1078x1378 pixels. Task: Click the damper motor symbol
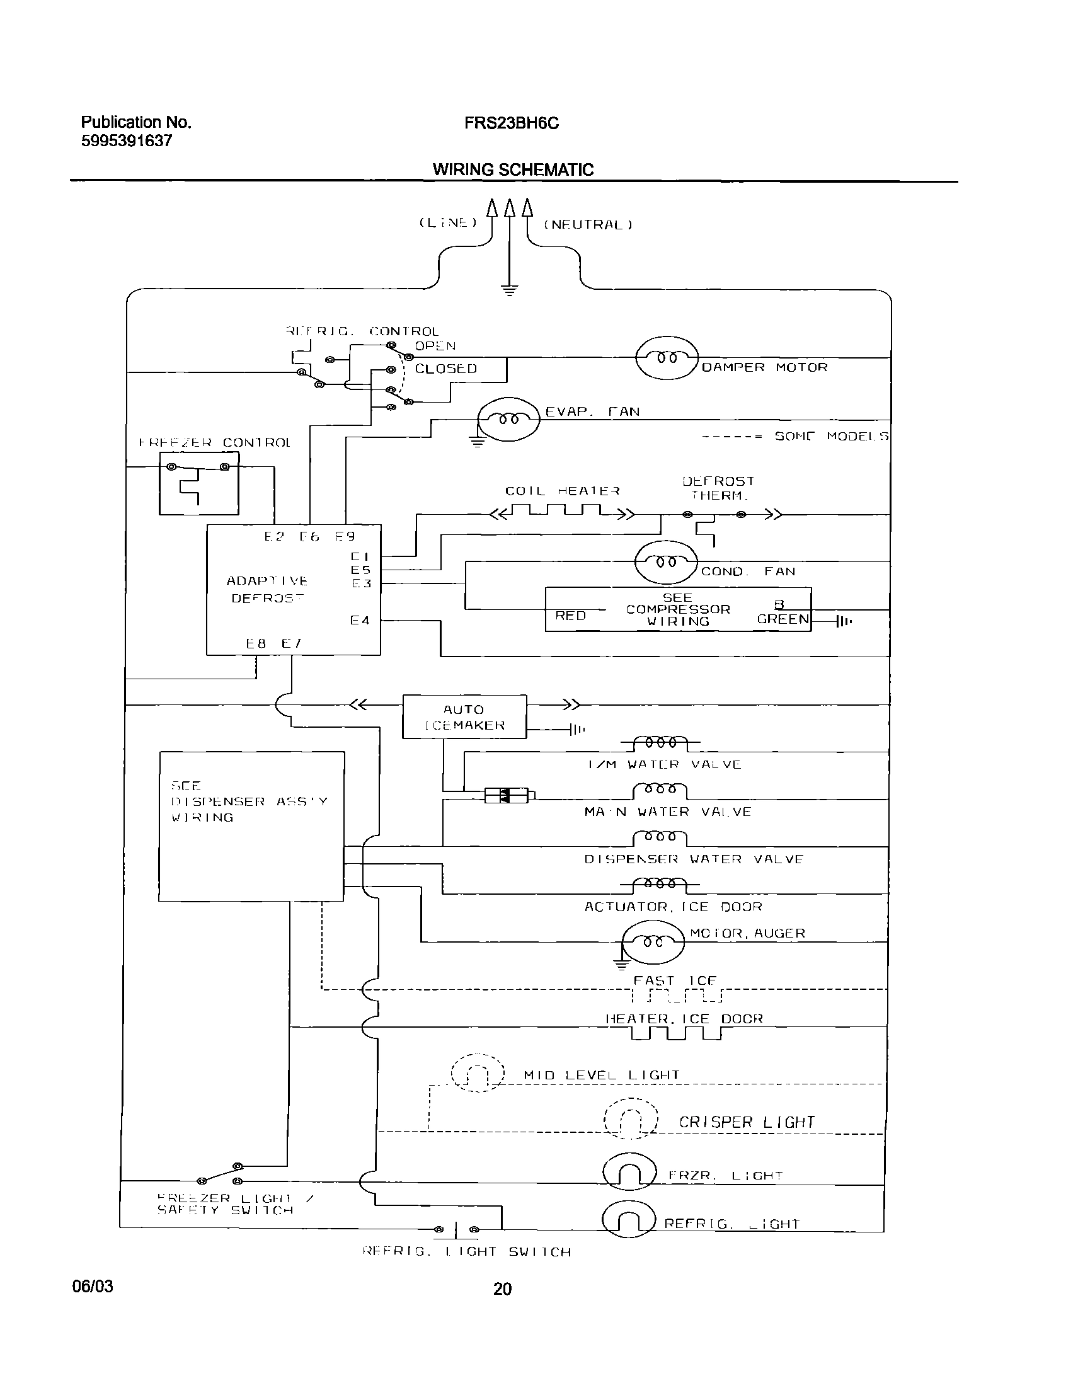coord(667,358)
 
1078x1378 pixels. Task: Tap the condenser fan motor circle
coord(666,562)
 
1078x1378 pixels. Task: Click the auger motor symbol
coord(653,942)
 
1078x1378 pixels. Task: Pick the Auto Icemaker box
coord(464,716)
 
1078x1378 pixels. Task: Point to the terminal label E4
coord(360,621)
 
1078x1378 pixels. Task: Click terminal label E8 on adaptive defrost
coord(256,644)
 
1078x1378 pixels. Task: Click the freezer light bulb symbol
coord(629,1173)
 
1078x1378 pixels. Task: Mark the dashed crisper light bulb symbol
coord(631,1120)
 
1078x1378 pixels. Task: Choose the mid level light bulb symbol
coord(478,1072)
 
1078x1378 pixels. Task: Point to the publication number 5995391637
coord(126,141)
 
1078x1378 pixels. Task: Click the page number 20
coord(502,1289)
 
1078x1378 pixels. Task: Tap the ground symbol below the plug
coord(509,289)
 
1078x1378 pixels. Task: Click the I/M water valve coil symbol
coord(660,742)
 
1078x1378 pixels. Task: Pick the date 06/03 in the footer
coord(93,1286)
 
